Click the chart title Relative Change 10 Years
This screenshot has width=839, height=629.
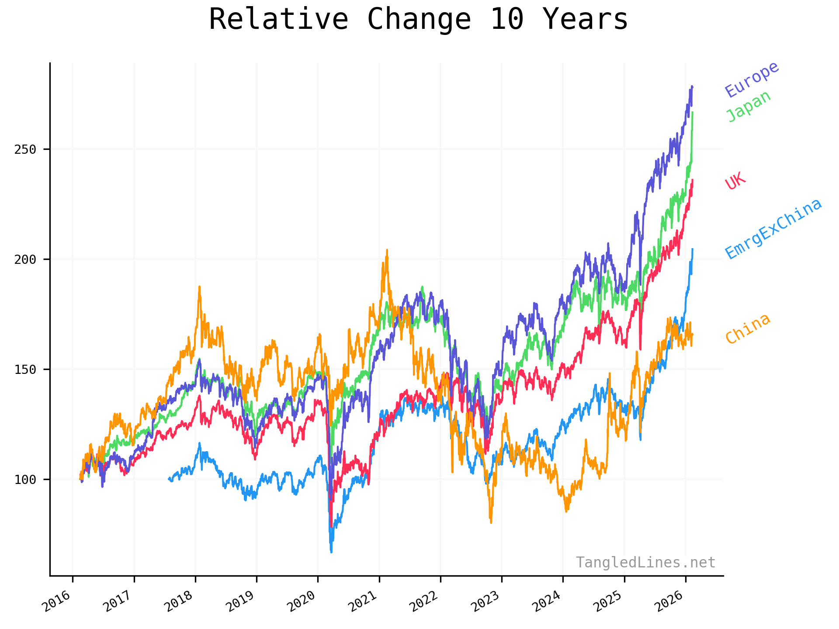(418, 20)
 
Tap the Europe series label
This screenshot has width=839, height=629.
(752, 79)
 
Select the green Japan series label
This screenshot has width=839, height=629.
(748, 106)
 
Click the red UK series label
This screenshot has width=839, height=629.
(735, 181)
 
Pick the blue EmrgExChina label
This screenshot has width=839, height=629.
(773, 228)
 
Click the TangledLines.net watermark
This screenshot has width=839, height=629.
(645, 562)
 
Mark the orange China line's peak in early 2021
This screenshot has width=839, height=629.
(387, 250)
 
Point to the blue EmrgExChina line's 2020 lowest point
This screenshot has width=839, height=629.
(331, 552)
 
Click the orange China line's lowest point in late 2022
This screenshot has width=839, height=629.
(491, 522)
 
